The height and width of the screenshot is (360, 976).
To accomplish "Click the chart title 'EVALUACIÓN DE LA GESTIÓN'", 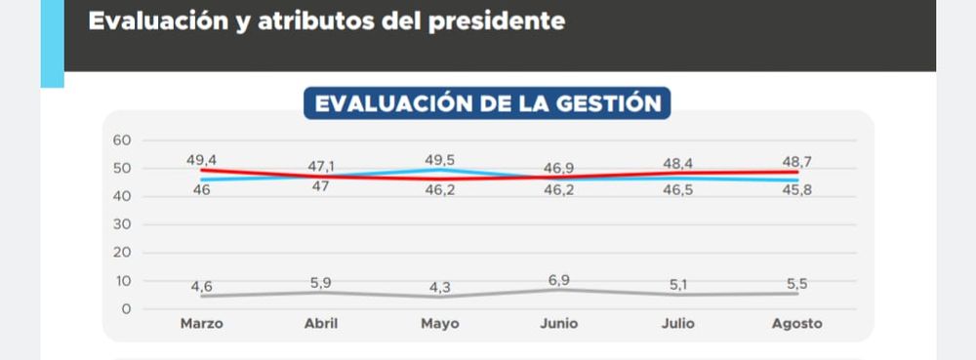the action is click(x=487, y=103).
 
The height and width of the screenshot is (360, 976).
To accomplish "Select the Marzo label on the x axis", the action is click(x=202, y=324).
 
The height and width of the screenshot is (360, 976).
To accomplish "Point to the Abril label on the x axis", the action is click(x=322, y=324).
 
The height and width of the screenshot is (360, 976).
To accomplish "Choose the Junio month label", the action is click(x=559, y=324).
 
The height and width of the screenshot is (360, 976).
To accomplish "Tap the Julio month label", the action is click(x=678, y=324).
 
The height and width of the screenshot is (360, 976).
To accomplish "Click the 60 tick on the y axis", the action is click(x=122, y=140).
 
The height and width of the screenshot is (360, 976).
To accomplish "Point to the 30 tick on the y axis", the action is click(x=122, y=224).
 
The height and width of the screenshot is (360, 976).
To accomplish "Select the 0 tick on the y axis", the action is click(x=127, y=309).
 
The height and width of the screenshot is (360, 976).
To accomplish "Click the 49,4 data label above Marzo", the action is click(x=202, y=160).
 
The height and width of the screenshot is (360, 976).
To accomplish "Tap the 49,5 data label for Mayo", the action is click(x=440, y=160).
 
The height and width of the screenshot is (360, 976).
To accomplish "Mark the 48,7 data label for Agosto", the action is click(x=796, y=162).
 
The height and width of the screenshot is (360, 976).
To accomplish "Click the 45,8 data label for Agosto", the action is click(x=796, y=190).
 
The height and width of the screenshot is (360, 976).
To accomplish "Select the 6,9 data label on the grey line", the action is click(x=559, y=280).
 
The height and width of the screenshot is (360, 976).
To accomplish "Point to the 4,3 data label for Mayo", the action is click(x=440, y=288).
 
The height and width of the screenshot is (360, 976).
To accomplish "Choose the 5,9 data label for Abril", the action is click(x=322, y=283).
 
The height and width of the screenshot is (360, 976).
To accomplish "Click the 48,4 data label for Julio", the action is click(x=678, y=164).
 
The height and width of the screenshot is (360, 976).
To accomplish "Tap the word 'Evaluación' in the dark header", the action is click(x=158, y=20).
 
